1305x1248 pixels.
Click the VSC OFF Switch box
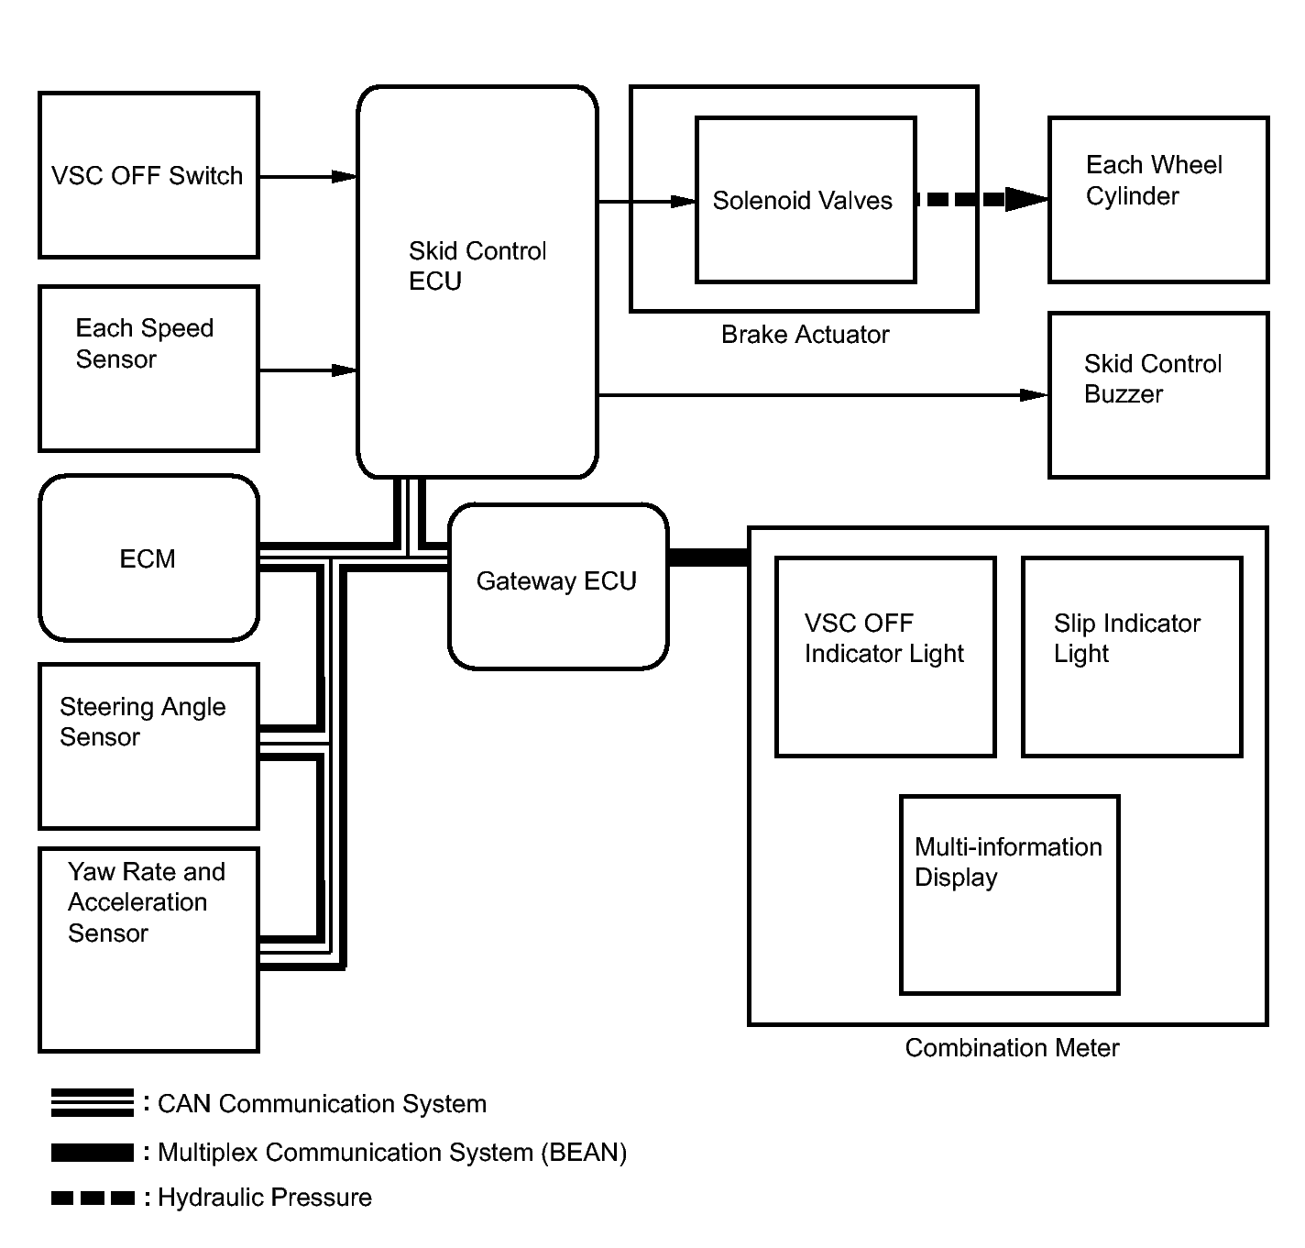click(148, 175)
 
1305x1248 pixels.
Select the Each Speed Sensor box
click(148, 369)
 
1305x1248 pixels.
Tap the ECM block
click(148, 558)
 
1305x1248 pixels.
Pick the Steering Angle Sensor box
click(148, 746)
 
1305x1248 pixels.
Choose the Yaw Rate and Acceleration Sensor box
click(148, 950)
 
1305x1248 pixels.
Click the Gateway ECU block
click(558, 587)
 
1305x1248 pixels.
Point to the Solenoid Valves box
click(806, 200)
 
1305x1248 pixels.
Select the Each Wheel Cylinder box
click(1158, 200)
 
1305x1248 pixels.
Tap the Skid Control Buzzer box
click(1158, 395)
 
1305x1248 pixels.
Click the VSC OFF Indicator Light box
click(885, 657)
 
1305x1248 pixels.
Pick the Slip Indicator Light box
click(1132, 657)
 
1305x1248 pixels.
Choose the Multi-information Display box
click(1009, 894)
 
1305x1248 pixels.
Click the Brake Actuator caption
click(805, 334)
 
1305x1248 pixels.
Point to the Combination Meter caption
click(1012, 1047)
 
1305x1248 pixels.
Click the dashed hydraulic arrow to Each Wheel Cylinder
click(982, 199)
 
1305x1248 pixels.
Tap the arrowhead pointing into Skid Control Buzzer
click(1034, 395)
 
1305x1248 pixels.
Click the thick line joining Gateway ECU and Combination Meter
click(708, 558)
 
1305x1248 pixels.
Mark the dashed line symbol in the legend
click(93, 1198)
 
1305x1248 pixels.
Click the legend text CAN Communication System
click(322, 1104)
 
